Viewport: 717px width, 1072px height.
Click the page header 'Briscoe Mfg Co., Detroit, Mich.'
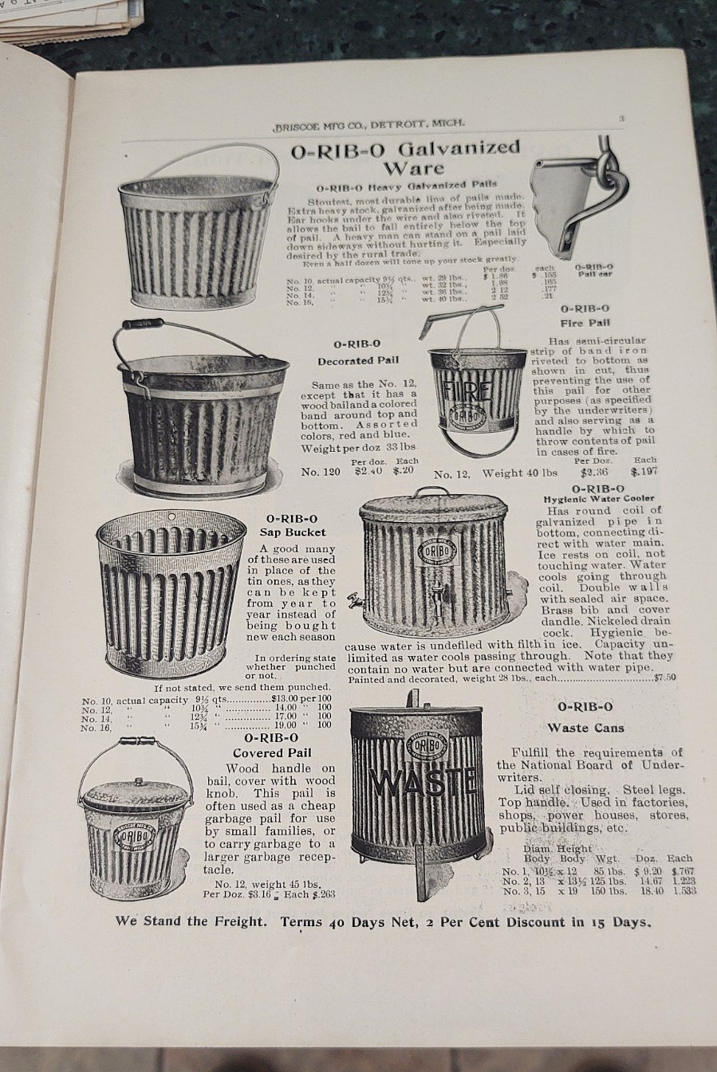tap(368, 124)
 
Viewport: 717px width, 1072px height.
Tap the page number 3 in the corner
tap(620, 119)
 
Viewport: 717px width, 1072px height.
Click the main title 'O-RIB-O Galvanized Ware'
tap(406, 157)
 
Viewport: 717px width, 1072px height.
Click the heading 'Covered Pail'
tap(272, 752)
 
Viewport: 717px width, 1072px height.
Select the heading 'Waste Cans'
tap(585, 728)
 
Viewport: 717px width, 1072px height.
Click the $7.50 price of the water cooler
tap(664, 678)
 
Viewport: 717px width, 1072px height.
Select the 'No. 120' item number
tap(321, 472)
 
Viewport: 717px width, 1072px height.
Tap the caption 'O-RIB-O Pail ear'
tap(593, 270)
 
